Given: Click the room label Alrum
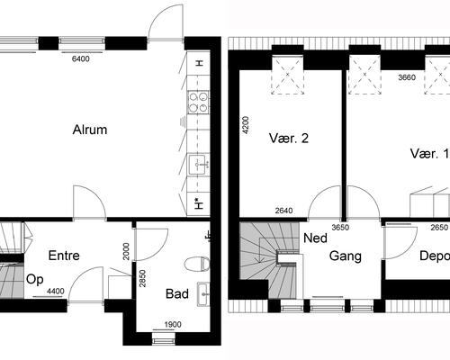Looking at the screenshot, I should pos(90,130).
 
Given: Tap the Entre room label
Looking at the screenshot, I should pos(64,256).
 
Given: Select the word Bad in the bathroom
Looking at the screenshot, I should pos(177,293).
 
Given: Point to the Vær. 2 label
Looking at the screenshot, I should pos(289,139).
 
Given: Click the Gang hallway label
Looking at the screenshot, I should pos(345,256).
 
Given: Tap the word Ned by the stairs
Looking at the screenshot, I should pos(315,240).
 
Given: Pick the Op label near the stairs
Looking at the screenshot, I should pos(35,279).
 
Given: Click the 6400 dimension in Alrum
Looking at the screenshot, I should pos(81,59).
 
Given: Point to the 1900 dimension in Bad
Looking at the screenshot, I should pos(173,325).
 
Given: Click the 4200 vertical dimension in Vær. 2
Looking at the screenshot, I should pos(244,124).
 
